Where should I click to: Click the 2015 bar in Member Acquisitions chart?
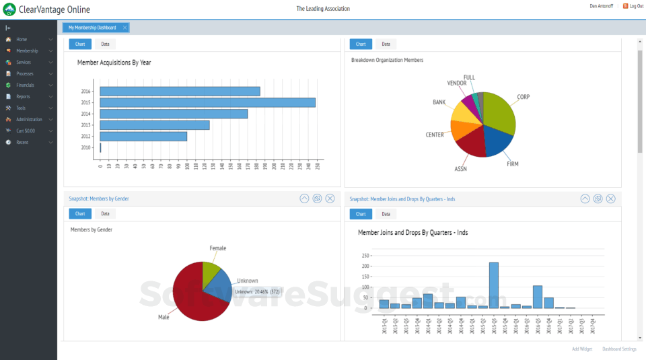(x=207, y=102)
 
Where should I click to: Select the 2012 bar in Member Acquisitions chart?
(x=143, y=136)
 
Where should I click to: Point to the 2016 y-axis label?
(x=85, y=92)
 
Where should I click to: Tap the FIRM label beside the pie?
(x=512, y=164)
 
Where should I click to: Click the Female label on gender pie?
(x=217, y=248)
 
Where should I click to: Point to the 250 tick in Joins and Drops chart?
(x=366, y=256)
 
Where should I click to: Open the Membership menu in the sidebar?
(x=27, y=51)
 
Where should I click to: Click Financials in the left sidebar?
(x=25, y=85)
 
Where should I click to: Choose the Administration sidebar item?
(x=29, y=120)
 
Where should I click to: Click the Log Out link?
(x=636, y=6)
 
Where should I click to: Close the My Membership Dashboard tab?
(x=125, y=28)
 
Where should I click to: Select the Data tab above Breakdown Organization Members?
(x=386, y=44)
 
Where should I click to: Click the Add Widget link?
(x=582, y=349)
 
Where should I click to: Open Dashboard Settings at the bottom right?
(x=619, y=349)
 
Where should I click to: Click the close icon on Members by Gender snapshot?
(x=330, y=199)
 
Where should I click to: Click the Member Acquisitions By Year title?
(x=114, y=63)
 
